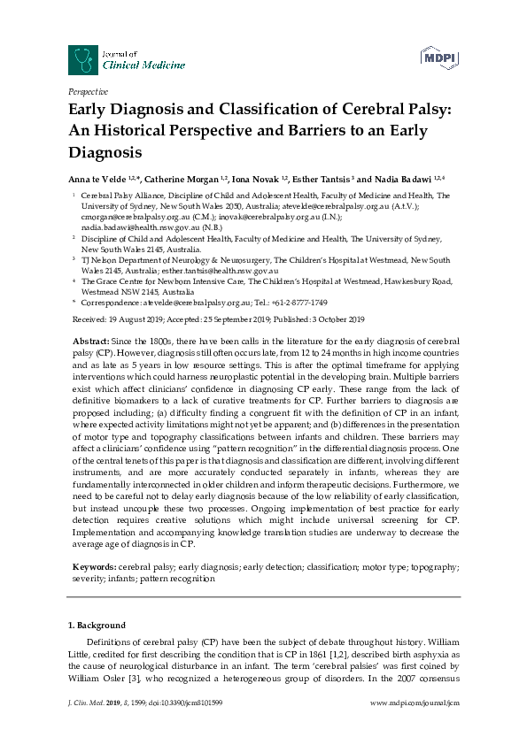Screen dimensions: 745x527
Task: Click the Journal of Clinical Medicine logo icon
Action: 84,59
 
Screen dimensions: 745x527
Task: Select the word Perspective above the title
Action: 88,91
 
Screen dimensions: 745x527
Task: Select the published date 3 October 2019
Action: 331,319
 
